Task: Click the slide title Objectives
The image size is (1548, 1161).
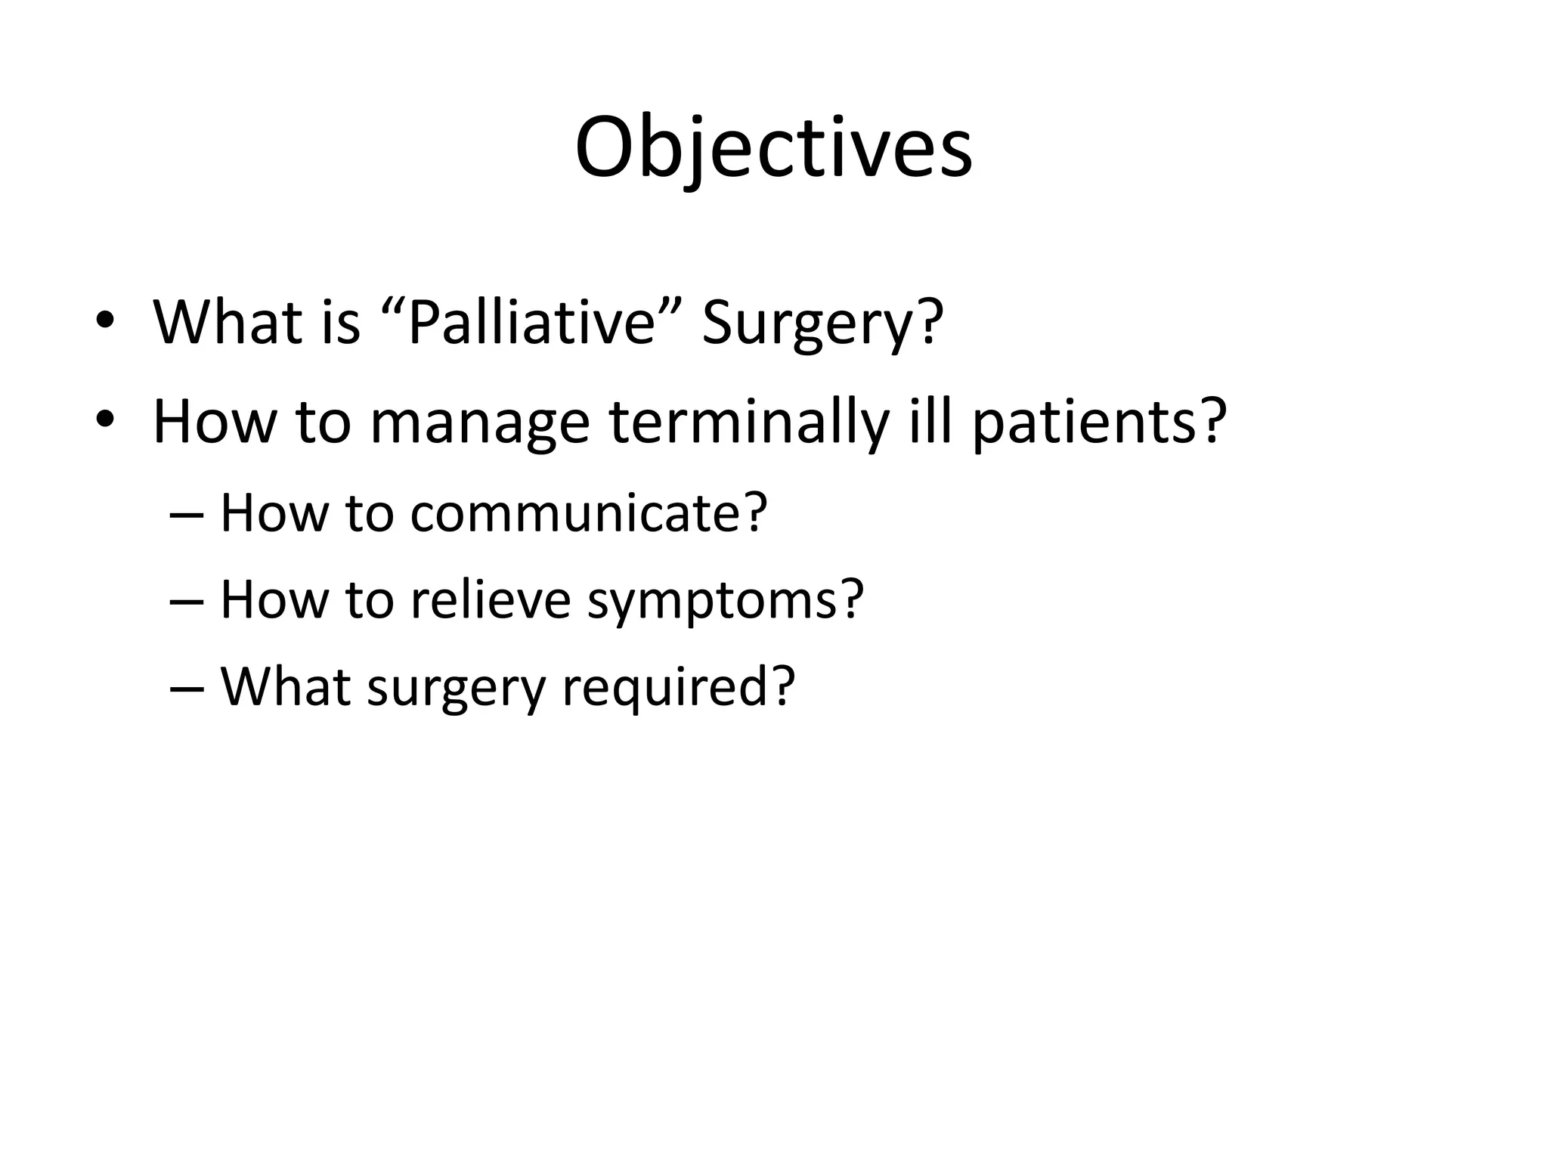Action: [773, 147]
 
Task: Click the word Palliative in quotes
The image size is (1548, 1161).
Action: [531, 323]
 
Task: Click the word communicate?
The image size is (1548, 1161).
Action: [589, 514]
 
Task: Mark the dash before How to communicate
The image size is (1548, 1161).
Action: [186, 515]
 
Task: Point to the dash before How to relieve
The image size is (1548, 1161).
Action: [186, 602]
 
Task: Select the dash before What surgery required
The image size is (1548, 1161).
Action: [186, 689]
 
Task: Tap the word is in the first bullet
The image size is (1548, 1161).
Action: [340, 323]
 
